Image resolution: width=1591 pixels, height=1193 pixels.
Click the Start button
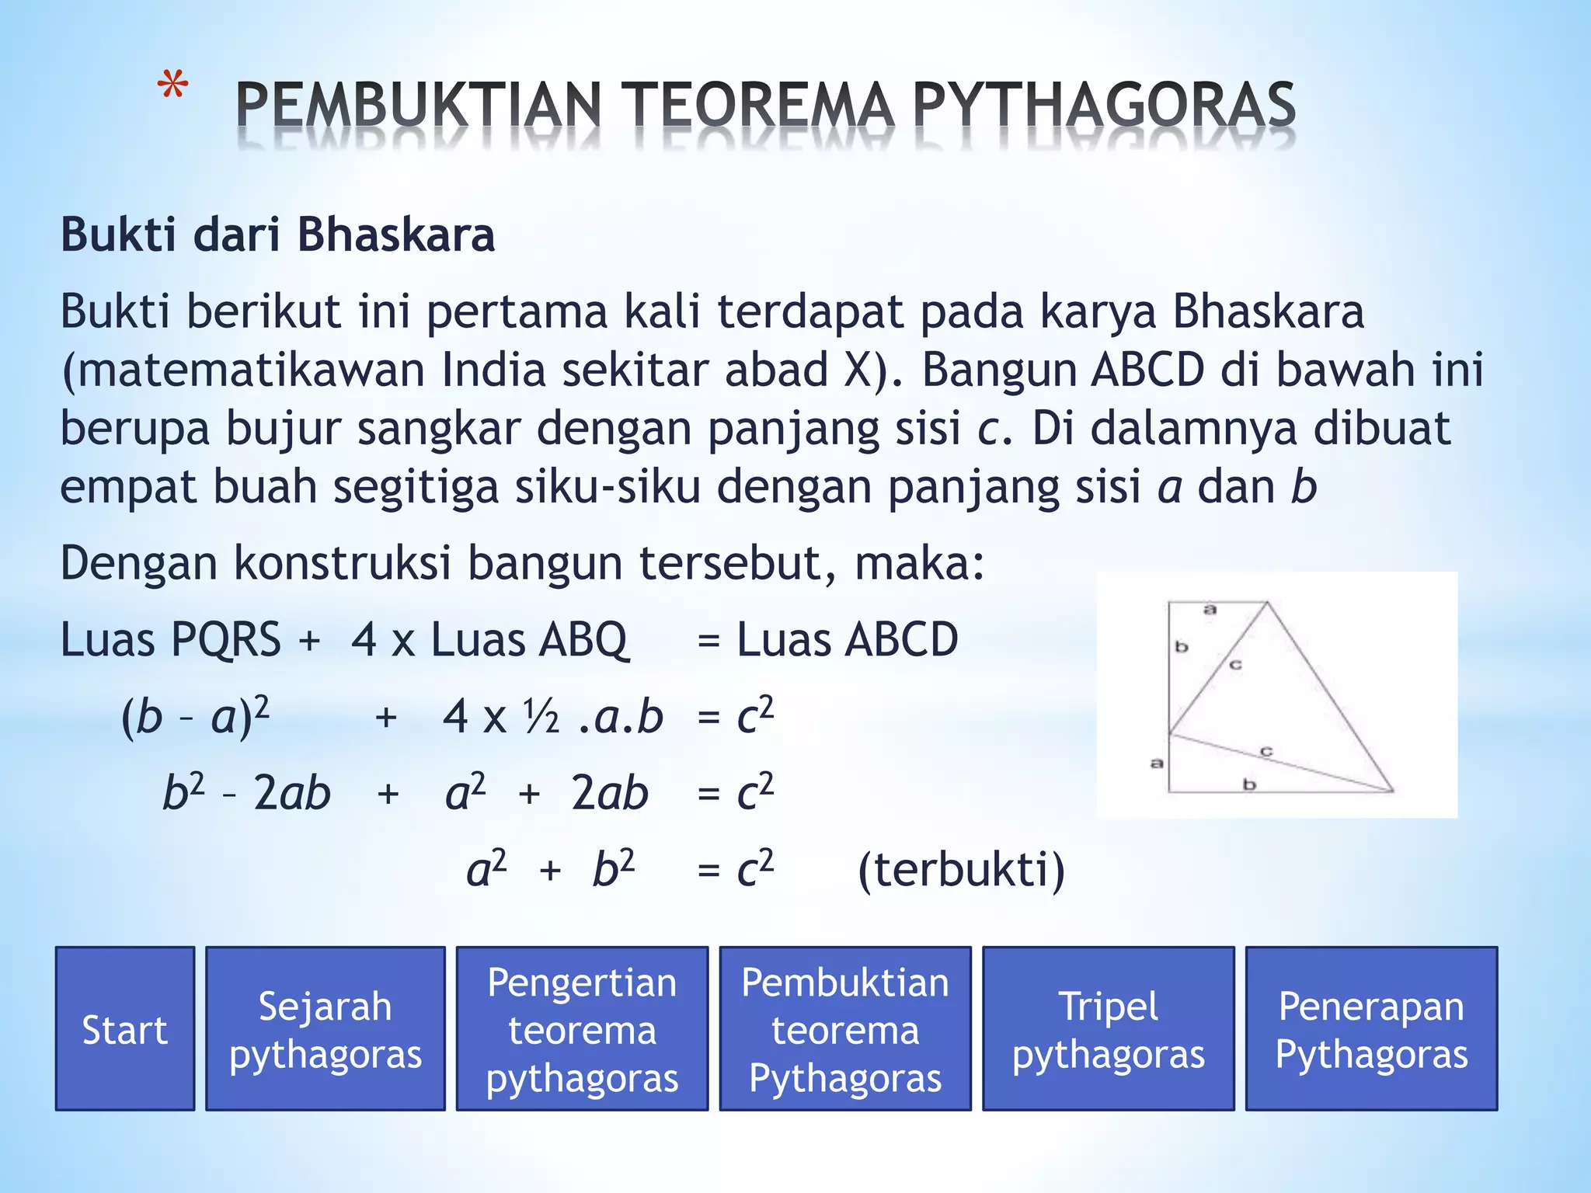coord(124,1029)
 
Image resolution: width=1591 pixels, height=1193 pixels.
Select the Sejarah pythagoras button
coord(325,1029)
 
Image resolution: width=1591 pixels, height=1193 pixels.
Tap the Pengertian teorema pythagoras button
coord(582,1029)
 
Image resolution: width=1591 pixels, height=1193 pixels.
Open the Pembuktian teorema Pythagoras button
coord(845,1029)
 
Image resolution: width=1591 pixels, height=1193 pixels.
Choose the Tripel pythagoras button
coord(1108,1029)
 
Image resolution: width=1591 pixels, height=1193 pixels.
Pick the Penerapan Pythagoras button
coord(1371,1029)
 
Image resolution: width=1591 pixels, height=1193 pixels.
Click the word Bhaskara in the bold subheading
coord(396,235)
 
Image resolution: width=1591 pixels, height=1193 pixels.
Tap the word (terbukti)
coord(961,869)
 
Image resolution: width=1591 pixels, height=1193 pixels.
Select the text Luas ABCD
coord(847,640)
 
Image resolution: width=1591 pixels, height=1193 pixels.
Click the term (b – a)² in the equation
coord(196,715)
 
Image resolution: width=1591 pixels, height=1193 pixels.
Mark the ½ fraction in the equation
coord(541,716)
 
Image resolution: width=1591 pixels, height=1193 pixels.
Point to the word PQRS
coord(226,640)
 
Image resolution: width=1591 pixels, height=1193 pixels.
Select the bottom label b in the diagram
coord(1249,784)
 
